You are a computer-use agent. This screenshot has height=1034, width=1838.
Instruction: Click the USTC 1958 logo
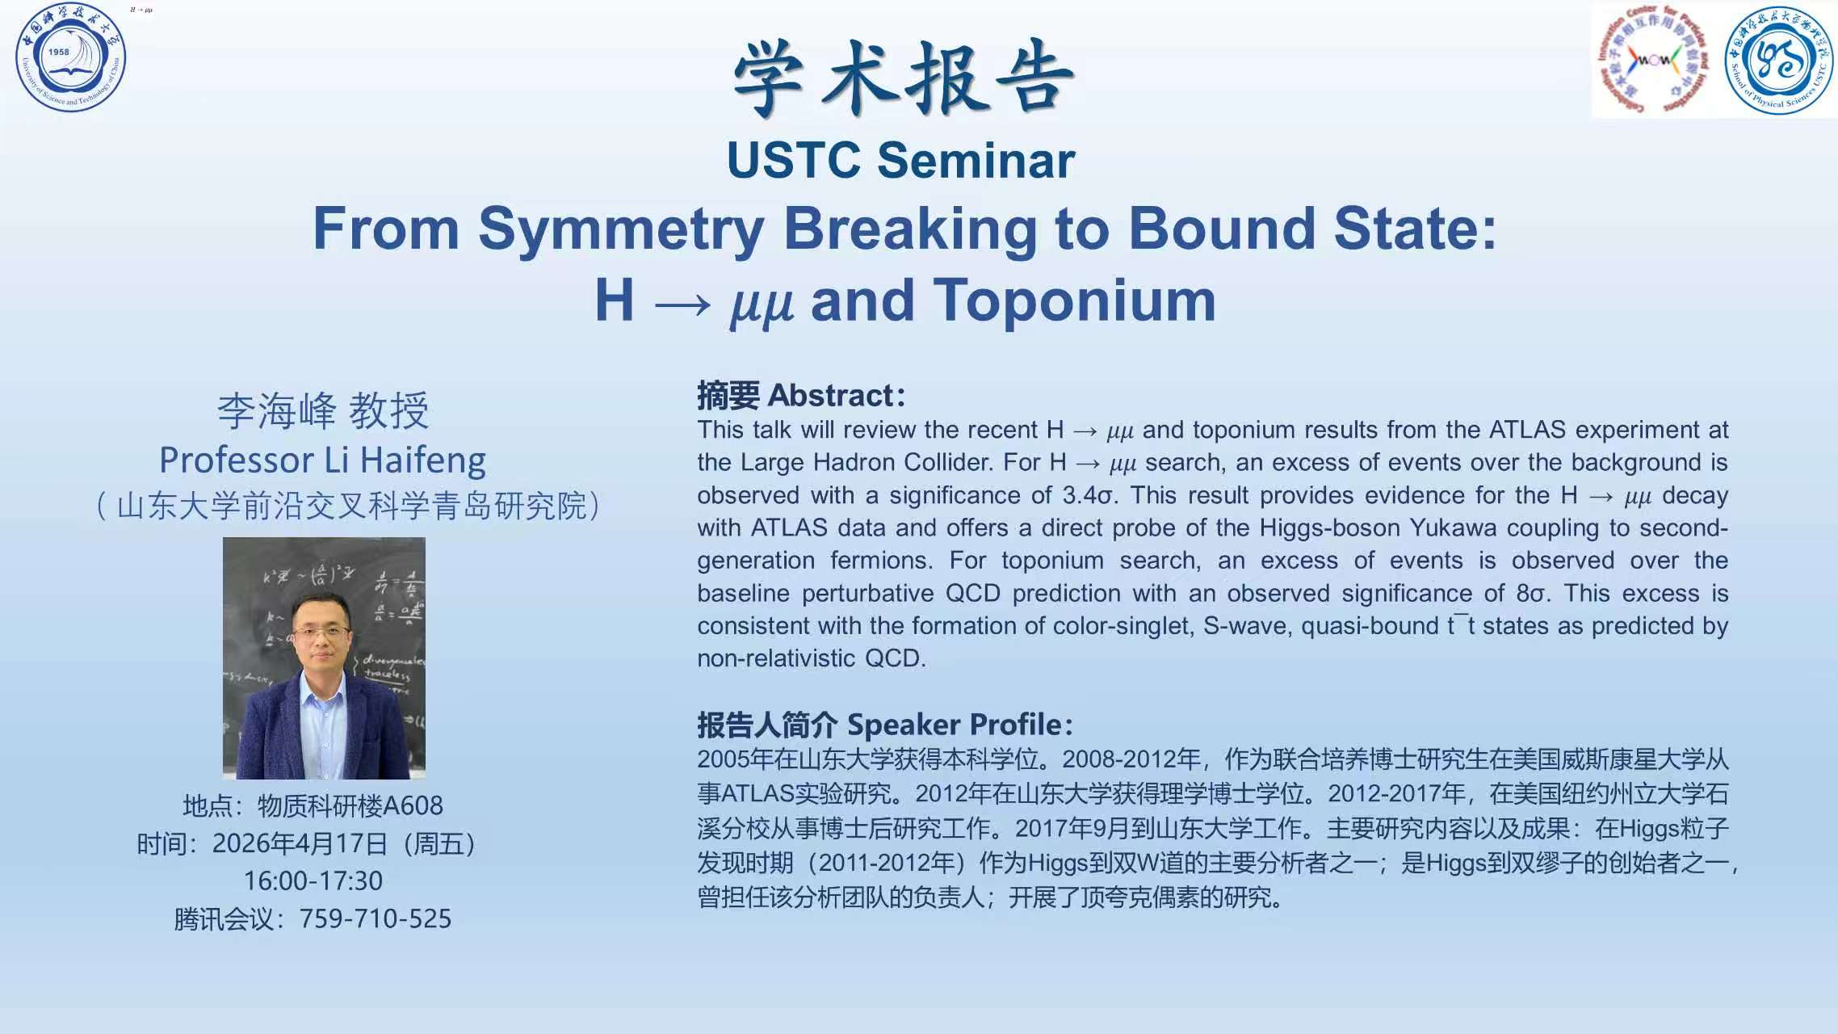pos(71,57)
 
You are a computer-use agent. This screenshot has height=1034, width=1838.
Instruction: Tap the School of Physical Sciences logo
pos(1778,60)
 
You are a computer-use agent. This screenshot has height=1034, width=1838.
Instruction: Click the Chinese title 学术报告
pos(904,79)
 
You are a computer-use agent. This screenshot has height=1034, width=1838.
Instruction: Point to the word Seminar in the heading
pos(976,160)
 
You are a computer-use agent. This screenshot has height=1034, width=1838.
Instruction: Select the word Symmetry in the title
pos(621,230)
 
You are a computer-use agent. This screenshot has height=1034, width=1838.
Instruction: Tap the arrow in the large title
pos(682,305)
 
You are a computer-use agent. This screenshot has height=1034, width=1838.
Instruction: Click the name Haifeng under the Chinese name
pos(423,461)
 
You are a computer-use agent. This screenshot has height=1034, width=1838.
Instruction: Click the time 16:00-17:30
pos(313,881)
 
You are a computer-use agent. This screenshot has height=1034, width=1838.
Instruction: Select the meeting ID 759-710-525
pos(376,918)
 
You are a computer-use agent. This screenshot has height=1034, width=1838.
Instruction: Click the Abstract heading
pos(801,396)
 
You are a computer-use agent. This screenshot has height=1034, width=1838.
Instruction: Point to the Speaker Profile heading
pos(885,725)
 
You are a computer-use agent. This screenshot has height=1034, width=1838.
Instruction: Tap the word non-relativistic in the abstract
pos(776,658)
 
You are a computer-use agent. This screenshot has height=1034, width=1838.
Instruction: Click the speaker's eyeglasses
pos(321,633)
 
